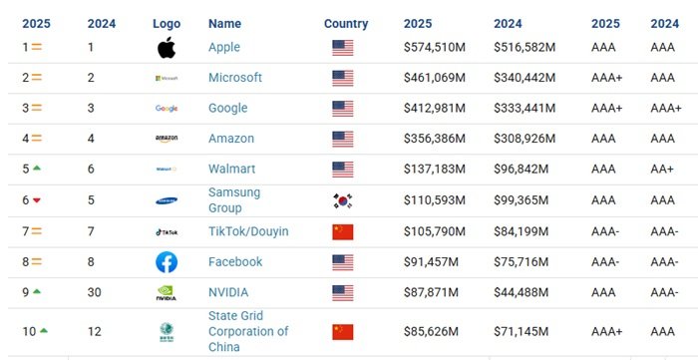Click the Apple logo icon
[x=166, y=47]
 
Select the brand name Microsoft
[x=235, y=78]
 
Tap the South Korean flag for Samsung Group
[x=343, y=200]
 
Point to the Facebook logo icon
[x=167, y=262]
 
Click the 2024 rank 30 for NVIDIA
[x=94, y=292]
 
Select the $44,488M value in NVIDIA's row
[x=523, y=292]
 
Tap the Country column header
[x=346, y=23]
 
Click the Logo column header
[x=167, y=23]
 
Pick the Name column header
[x=224, y=23]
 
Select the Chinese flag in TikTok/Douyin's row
[x=343, y=231]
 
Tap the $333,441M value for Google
[x=525, y=108]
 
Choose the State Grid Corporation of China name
[x=248, y=332]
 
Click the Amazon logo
[x=167, y=140]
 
